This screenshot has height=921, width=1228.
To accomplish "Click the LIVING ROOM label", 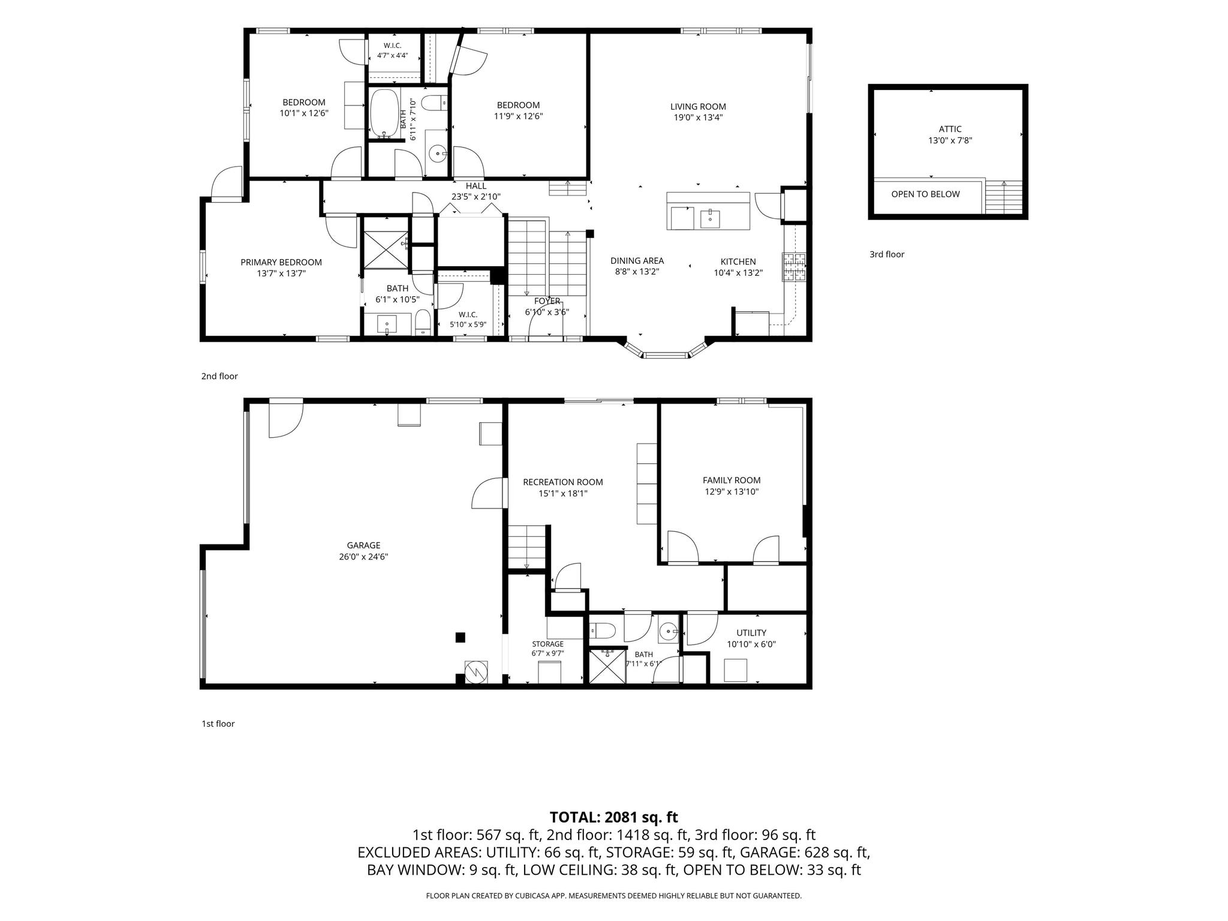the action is pyautogui.click(x=698, y=107).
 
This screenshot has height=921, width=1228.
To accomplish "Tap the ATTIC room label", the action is pyautogui.click(x=950, y=129).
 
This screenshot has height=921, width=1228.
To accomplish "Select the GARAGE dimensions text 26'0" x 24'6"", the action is pyautogui.click(x=363, y=556).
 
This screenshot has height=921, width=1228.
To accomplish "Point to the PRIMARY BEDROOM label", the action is pyautogui.click(x=281, y=262).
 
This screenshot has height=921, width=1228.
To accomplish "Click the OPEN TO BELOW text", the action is pyautogui.click(x=925, y=194).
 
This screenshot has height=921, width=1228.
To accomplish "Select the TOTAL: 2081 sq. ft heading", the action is pyautogui.click(x=614, y=817).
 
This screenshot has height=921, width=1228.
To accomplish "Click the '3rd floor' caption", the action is pyautogui.click(x=887, y=254).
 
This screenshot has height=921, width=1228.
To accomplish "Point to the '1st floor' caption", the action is pyautogui.click(x=218, y=724).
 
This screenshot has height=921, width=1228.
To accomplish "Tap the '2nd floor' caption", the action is pyautogui.click(x=219, y=377).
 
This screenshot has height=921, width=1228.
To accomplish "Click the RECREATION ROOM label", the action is pyautogui.click(x=563, y=482).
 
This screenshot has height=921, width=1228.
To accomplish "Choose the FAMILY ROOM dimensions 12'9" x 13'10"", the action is pyautogui.click(x=732, y=492).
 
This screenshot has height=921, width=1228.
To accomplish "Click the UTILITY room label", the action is pyautogui.click(x=751, y=633).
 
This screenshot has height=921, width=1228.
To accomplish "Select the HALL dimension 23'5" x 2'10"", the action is pyautogui.click(x=476, y=196).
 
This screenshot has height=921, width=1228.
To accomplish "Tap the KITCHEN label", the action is pyautogui.click(x=738, y=261).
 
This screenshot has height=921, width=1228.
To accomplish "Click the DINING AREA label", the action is pyautogui.click(x=637, y=261).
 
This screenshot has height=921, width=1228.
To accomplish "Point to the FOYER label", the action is pyautogui.click(x=547, y=301).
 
